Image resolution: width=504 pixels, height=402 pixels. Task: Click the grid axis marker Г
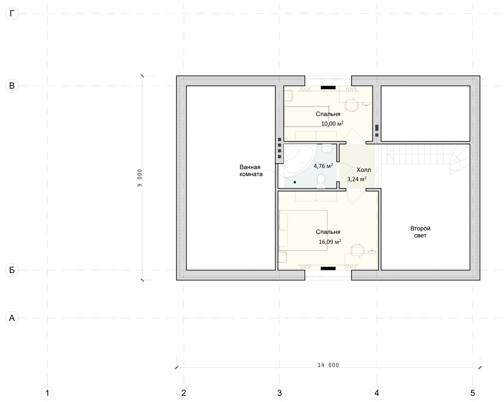pyautogui.click(x=12, y=14)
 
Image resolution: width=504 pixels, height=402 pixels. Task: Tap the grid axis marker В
pyautogui.click(x=12, y=86)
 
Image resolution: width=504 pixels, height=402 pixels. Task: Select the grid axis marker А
pyautogui.click(x=12, y=318)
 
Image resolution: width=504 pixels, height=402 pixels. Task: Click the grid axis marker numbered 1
pyautogui.click(x=47, y=393)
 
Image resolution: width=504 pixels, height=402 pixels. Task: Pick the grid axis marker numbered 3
pyautogui.click(x=279, y=393)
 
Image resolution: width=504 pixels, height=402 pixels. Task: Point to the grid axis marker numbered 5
pyautogui.click(x=472, y=393)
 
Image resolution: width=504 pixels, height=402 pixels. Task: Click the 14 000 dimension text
pyautogui.click(x=328, y=365)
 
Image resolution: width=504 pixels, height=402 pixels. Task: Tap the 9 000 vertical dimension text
pyautogui.click(x=140, y=178)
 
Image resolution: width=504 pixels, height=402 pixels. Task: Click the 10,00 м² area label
pyautogui.click(x=332, y=124)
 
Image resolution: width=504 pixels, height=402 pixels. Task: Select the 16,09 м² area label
pyautogui.click(x=330, y=242)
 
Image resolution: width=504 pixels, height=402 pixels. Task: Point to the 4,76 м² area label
pyautogui.click(x=323, y=166)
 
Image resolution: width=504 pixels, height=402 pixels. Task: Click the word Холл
pyautogui.click(x=364, y=170)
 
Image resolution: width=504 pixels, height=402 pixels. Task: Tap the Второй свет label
pyautogui.click(x=420, y=232)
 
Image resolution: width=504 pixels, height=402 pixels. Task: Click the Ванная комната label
pyautogui.click(x=251, y=171)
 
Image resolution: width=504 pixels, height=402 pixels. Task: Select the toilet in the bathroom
pyautogui.click(x=321, y=181)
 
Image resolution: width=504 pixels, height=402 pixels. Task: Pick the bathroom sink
pyautogui.click(x=327, y=148)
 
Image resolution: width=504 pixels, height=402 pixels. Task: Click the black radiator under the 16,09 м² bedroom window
pyautogui.click(x=328, y=269)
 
